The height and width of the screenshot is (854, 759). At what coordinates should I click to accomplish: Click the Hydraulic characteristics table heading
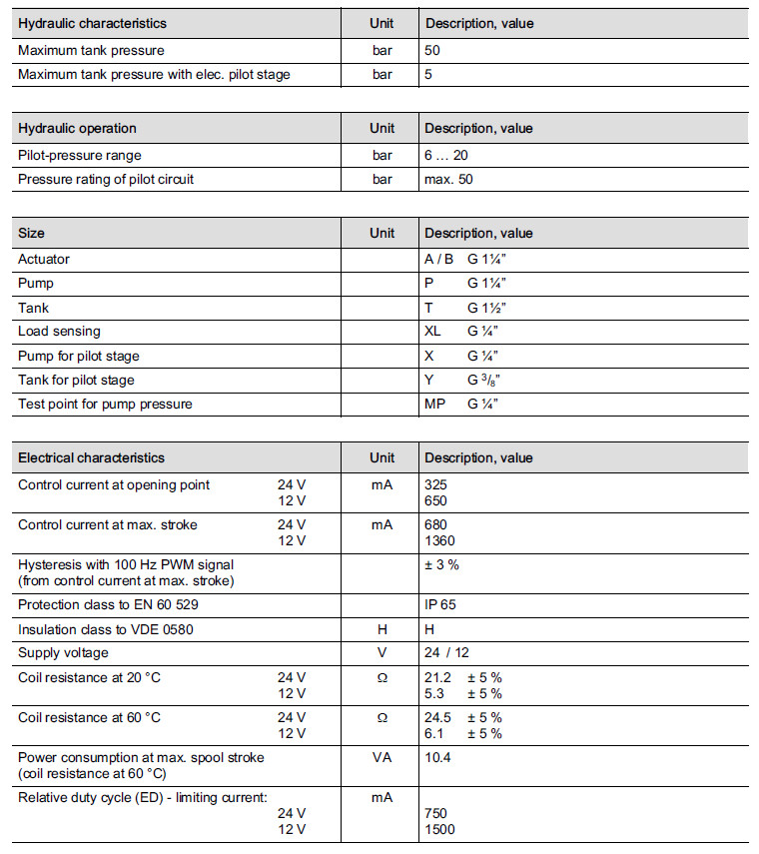click(x=92, y=23)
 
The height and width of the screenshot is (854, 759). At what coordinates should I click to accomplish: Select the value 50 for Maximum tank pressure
click(x=432, y=50)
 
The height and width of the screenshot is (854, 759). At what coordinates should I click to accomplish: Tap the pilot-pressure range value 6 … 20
click(x=446, y=155)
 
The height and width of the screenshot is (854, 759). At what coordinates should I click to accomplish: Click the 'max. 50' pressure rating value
click(x=450, y=180)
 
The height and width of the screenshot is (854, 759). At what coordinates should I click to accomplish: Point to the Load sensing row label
click(x=59, y=332)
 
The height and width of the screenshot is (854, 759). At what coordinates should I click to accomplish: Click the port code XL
click(x=432, y=332)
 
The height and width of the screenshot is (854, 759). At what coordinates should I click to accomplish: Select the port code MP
click(x=434, y=404)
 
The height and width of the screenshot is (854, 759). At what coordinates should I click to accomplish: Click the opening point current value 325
click(x=436, y=484)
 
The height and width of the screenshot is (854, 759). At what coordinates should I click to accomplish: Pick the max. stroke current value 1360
click(x=439, y=540)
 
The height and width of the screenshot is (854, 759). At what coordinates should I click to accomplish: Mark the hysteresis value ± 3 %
click(x=442, y=564)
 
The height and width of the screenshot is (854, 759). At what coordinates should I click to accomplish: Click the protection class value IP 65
click(x=440, y=604)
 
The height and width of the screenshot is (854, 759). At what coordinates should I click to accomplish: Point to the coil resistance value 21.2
click(x=438, y=677)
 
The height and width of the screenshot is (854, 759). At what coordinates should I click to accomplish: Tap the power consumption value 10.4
click(x=437, y=757)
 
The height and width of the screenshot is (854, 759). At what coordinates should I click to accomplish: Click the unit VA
click(x=381, y=757)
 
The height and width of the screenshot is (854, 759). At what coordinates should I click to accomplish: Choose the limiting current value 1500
click(x=439, y=829)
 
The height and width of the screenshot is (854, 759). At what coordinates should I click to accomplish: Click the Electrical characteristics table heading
click(x=92, y=457)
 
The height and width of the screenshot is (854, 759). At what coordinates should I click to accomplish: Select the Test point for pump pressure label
click(x=105, y=404)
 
